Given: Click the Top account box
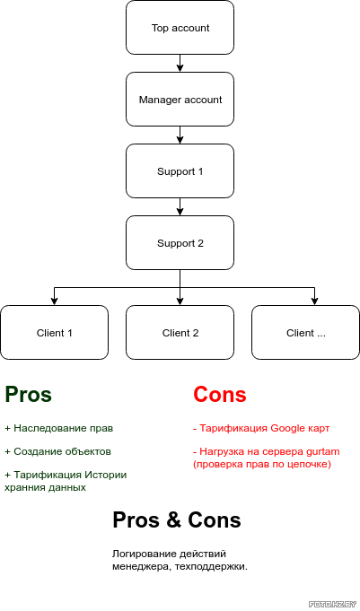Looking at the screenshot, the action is coord(180,27).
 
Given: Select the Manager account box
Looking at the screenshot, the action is coord(180,99).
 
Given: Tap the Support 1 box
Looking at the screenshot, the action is coord(180,171).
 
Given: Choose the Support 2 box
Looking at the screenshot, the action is coord(180,243).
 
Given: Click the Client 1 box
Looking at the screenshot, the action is coord(54,332).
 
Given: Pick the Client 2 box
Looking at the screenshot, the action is coord(180,332).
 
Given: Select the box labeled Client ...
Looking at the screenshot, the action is coord(306,332).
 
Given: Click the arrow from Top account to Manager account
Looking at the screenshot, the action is coord(180,63).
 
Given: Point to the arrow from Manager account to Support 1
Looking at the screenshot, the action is coord(180,135).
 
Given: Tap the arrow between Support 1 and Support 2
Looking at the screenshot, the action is coord(180,206).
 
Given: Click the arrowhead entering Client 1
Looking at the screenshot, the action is coord(54,301).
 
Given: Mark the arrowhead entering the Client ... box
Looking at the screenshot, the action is coord(314,301).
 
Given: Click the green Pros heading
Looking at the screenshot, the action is coord(28,394).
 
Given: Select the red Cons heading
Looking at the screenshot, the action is coord(220,394).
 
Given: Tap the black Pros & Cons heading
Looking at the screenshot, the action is coord(177,519).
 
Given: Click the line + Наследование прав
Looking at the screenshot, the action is coord(59,428).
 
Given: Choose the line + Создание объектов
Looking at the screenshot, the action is coord(57,451).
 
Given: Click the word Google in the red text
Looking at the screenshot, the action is coord(288,428).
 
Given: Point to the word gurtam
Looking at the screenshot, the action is coord(323,452).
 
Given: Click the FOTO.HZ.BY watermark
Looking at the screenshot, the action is coord(333,605).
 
